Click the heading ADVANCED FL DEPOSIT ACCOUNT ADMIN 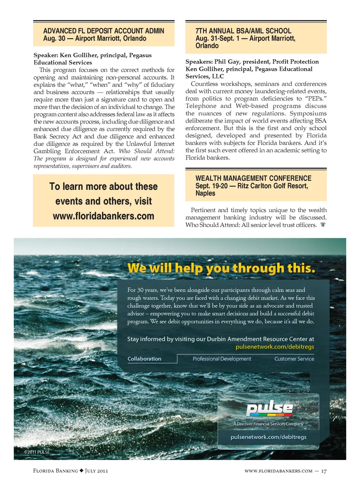coord(103,31)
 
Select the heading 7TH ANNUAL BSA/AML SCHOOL coord(243,31)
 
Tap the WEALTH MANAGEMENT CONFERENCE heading coord(253,178)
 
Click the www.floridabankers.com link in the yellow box coord(103,216)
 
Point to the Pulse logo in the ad coord(270,408)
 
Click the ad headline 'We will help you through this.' coord(221,268)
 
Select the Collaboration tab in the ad coord(144,359)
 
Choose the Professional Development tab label coord(222,359)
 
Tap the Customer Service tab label coord(294,359)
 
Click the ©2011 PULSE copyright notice coord(37,452)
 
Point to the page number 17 coord(324,471)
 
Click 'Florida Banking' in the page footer coord(55,471)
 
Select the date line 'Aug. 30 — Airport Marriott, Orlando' coord(94,38)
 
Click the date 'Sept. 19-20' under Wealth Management coord(211,186)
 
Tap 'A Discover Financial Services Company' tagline coord(268,424)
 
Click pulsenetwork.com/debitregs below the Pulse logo coord(268,437)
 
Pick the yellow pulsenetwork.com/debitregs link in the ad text coord(275,347)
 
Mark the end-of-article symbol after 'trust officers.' coord(323,225)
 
